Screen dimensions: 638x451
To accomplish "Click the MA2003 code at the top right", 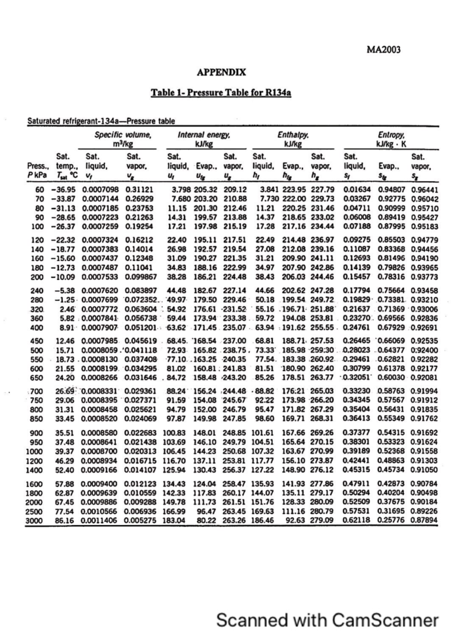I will point(383,50).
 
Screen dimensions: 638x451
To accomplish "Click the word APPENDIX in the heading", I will point(221,72).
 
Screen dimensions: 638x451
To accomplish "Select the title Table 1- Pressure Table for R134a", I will point(221,92).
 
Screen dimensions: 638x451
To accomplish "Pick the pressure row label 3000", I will point(34,521).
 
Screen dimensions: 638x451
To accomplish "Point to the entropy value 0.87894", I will point(424,521).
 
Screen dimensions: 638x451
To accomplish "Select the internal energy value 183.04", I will point(174,521).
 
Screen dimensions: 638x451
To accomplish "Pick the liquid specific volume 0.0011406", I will point(99,521).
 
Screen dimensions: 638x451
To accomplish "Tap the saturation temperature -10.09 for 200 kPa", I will point(64,277).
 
